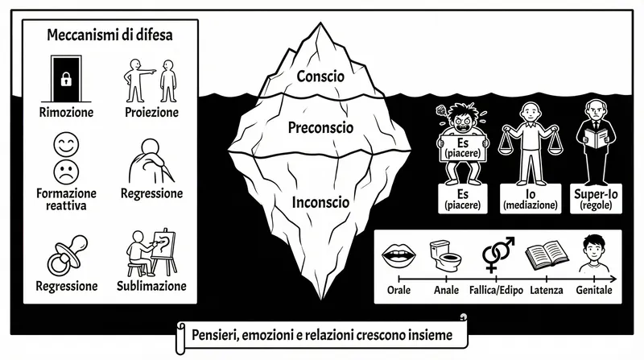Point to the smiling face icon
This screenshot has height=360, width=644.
coord(65,145)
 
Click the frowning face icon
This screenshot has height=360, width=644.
coord(65,171)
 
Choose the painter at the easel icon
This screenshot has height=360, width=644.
coord(152,251)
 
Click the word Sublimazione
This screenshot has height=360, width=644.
coord(151,286)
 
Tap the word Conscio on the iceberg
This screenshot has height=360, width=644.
coord(320,77)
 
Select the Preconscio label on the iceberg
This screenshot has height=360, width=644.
coord(320,126)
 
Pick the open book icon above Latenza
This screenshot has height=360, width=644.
coord(542,255)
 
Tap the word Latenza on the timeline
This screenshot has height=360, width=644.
coord(547,289)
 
